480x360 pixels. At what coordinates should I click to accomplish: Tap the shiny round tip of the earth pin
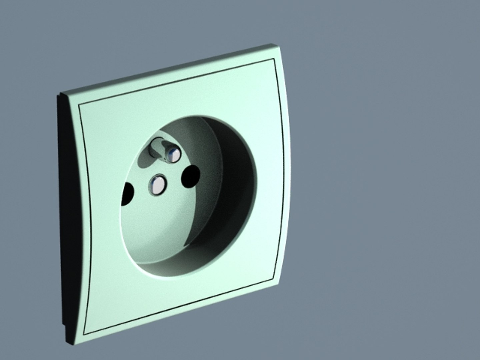[x=173, y=155]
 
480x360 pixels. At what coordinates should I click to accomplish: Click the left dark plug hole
[x=128, y=194]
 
